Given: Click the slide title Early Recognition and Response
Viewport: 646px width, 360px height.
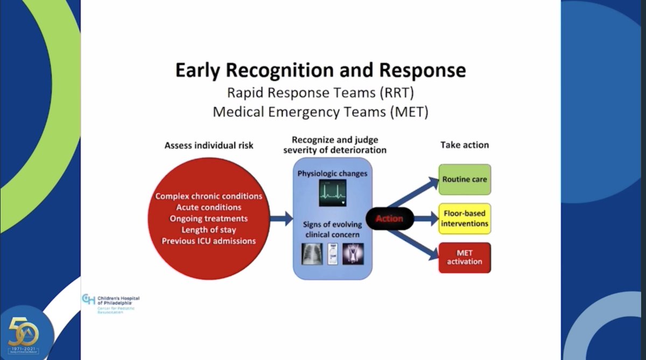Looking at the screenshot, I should pos(320,71).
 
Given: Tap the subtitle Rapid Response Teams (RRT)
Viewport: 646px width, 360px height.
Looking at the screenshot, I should pos(320,93).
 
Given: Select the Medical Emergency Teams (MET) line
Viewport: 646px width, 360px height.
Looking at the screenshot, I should pos(320,112).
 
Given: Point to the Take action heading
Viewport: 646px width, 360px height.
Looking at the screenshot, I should pos(465,145).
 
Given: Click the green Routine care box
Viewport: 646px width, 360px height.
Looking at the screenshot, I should pos(465,179).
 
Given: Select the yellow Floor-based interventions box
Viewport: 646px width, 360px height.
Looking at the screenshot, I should pos(465,218).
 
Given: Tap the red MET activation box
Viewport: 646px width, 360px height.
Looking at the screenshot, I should pos(465,257).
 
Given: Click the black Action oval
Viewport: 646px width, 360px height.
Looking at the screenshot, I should pos(390,218).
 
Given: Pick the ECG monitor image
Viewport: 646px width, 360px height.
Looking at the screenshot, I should pos(332,193).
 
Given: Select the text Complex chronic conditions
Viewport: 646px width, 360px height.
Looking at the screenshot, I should pos(209,196).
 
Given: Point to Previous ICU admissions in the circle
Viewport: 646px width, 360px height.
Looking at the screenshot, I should pos(209,241).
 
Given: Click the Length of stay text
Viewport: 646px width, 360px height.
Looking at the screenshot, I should pos(209,230).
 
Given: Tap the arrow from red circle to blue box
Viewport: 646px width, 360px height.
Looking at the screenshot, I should pos(280,218).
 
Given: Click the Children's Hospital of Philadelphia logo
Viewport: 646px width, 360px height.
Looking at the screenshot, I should pos(110,303).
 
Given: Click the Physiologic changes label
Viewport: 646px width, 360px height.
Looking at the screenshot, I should pos(332,173).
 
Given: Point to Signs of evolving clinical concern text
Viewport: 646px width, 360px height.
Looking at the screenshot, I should pos(332,230).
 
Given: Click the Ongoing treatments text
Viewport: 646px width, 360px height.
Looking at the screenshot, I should pos(209,218).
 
